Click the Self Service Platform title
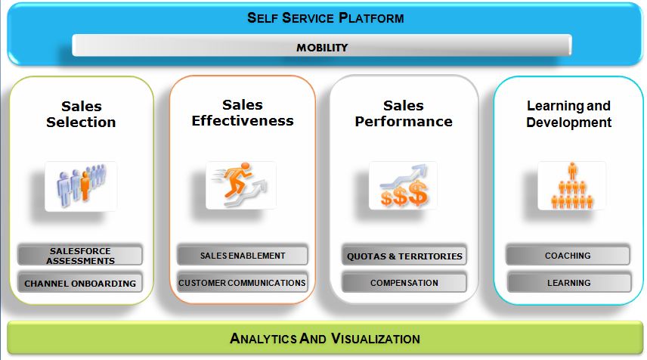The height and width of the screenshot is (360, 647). tap(326, 17)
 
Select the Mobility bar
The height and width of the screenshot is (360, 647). tap(322, 45)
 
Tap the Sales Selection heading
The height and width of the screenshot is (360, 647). tap(82, 114)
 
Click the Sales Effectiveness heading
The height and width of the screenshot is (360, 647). tap(243, 113)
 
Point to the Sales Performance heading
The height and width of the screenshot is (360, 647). tap(404, 113)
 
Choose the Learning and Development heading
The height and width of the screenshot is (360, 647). tap(568, 114)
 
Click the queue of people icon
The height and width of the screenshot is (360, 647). tap(81, 186)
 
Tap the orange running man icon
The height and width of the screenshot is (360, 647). tap(241, 185)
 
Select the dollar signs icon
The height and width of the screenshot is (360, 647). tap(403, 185)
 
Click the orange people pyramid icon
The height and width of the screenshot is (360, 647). tap(572, 185)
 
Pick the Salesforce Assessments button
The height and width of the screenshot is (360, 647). tap(80, 256)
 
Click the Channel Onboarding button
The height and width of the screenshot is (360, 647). tap(80, 283)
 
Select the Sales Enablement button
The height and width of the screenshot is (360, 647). tap(243, 256)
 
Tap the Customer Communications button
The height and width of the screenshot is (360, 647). tap(243, 283)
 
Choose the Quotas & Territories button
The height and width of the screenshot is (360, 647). tap(404, 256)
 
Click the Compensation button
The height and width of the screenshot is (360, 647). tap(404, 283)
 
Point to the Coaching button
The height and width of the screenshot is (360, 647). tap(568, 256)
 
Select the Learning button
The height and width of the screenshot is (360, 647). tap(569, 283)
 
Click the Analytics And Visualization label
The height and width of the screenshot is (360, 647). tap(325, 339)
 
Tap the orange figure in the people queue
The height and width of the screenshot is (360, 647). tap(85, 186)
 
